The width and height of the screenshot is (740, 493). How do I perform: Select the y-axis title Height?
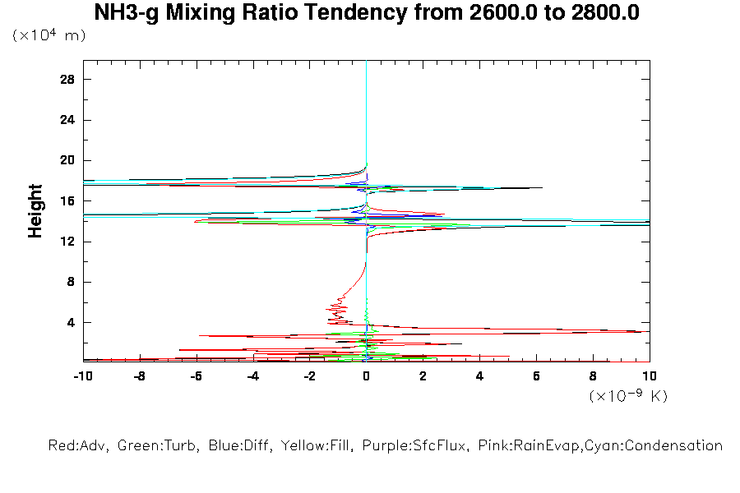point(35,211)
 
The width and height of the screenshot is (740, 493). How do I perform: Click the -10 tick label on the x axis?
point(82,377)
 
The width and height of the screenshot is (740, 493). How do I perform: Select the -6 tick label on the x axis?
point(196,377)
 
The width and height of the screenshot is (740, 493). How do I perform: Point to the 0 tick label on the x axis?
point(367,377)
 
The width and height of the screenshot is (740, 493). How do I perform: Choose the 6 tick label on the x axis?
point(537,377)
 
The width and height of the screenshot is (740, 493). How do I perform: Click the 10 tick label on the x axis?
point(650,377)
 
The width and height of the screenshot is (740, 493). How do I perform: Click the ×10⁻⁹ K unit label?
point(628,396)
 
